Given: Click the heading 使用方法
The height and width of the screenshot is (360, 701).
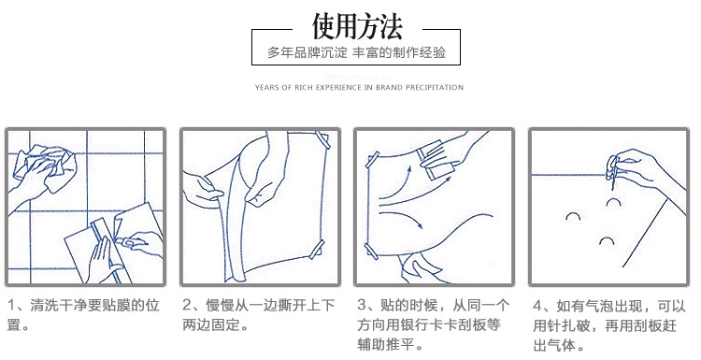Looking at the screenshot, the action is tap(357, 26).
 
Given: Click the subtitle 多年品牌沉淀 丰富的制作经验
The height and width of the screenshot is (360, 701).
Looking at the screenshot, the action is tap(356, 52).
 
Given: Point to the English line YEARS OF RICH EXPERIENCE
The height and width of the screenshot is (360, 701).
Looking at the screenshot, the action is tap(359, 87).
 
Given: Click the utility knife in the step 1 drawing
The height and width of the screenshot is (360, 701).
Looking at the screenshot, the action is tap(132, 242).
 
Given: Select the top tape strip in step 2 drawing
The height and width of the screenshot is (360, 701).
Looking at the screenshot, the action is tap(322, 140).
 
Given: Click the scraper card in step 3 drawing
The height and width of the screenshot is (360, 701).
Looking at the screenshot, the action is tap(435, 160).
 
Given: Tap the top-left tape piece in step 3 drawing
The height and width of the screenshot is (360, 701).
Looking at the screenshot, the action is tap(372, 160).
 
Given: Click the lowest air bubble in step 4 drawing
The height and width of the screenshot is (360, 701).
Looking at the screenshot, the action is tap(607, 241).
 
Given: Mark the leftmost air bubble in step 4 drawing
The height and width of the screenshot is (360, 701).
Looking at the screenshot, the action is tap(573, 217).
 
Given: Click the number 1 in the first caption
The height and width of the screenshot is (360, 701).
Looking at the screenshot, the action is tap(11, 306).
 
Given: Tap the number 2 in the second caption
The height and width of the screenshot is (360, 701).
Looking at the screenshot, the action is tap(187, 305).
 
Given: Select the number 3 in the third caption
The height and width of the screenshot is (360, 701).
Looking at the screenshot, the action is tap(362, 305).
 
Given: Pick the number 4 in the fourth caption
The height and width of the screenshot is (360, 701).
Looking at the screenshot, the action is tap(537, 306).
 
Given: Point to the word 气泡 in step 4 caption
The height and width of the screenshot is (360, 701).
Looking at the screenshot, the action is tap(600, 307).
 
